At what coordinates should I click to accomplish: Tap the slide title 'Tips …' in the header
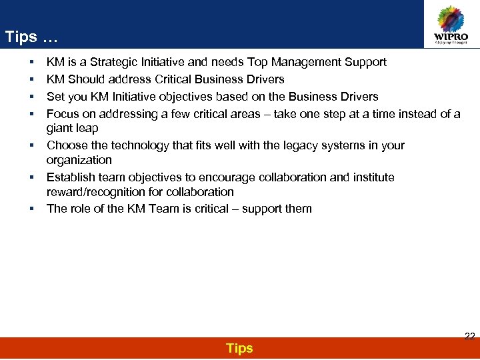pyautogui.click(x=31, y=37)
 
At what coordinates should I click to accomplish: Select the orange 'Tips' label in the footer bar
pyautogui.click(x=239, y=349)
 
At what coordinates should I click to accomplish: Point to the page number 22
pyautogui.click(x=469, y=337)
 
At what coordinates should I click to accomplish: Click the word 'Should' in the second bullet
pyautogui.click(x=87, y=79)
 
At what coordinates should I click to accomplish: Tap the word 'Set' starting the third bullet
pyautogui.click(x=55, y=97)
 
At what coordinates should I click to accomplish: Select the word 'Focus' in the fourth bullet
pyautogui.click(x=62, y=114)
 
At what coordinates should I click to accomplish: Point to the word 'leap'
pyautogui.click(x=87, y=129)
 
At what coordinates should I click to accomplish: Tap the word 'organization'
pyautogui.click(x=79, y=160)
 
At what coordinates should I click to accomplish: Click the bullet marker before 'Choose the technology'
pyautogui.click(x=32, y=145)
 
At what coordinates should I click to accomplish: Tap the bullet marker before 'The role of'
pyautogui.click(x=32, y=209)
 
